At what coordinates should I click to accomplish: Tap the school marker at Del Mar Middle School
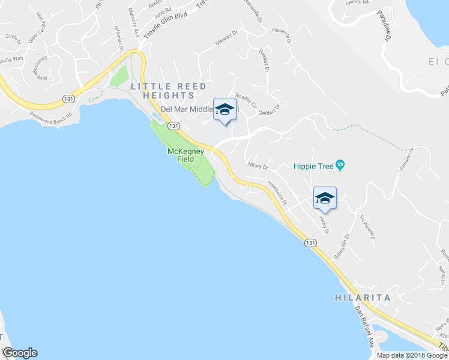(x=224, y=109)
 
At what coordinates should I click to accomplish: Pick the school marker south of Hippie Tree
(x=325, y=198)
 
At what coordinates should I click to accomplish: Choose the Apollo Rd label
(x=157, y=3)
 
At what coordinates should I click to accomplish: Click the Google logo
(x=20, y=353)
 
